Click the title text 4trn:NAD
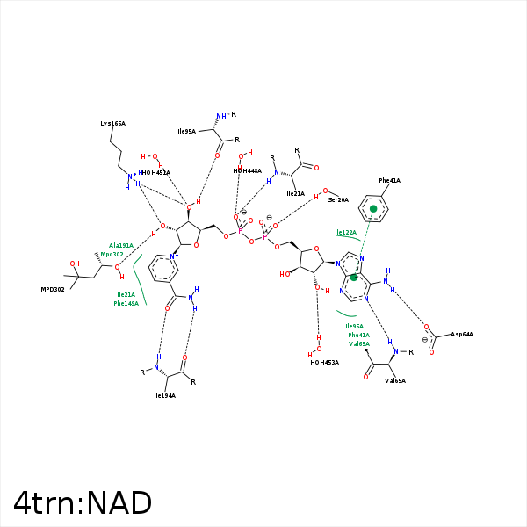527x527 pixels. [x=83, y=503]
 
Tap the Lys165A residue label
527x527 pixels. [x=112, y=124]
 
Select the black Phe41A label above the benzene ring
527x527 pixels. [x=389, y=180]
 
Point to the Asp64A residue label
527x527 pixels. [x=462, y=335]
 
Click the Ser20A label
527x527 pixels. [x=337, y=200]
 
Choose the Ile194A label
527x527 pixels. [x=164, y=396]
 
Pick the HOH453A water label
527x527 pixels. [x=324, y=362]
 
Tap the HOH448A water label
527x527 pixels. [x=248, y=170]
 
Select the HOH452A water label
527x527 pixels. [x=155, y=173]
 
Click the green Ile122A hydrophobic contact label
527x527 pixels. [x=346, y=233]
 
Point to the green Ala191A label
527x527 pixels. [x=121, y=245]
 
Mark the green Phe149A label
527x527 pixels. [x=126, y=303]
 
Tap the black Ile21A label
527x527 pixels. [x=296, y=193]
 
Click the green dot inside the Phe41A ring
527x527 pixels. [x=373, y=209]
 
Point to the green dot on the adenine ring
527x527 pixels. [x=354, y=277]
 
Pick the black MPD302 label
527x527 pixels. [x=53, y=289]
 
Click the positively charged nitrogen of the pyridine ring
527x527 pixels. [x=173, y=257]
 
